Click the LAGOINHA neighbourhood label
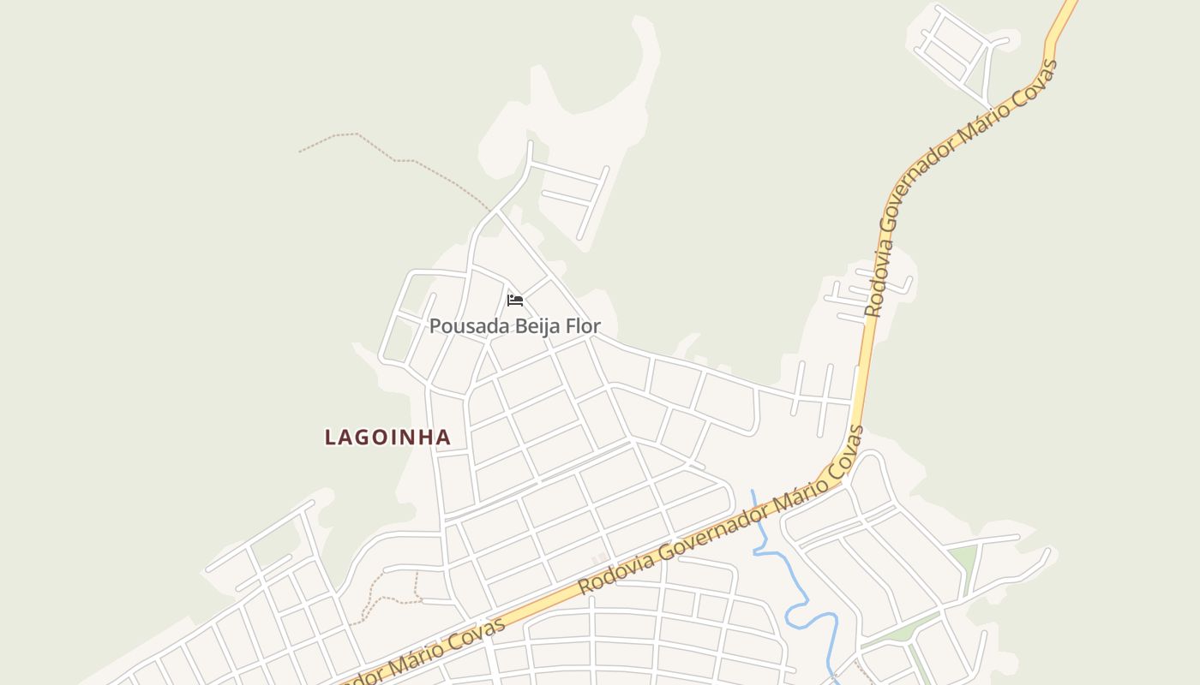pyautogui.click(x=387, y=437)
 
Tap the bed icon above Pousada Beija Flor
pyautogui.click(x=514, y=301)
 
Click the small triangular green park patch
pyautogui.click(x=963, y=561)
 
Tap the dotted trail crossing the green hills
pyautogui.click(x=394, y=158)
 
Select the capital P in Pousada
pyautogui.click(x=435, y=326)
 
